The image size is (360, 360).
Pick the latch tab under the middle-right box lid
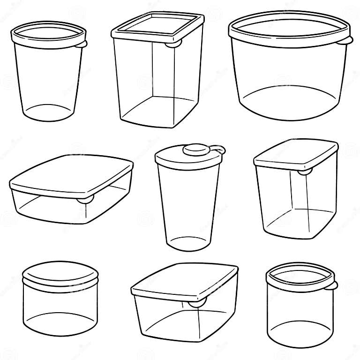click(x=304, y=172)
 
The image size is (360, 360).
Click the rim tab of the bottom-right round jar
click(x=334, y=285)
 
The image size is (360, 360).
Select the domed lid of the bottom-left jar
click(x=60, y=274)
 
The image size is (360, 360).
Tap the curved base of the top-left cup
click(x=48, y=112)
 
